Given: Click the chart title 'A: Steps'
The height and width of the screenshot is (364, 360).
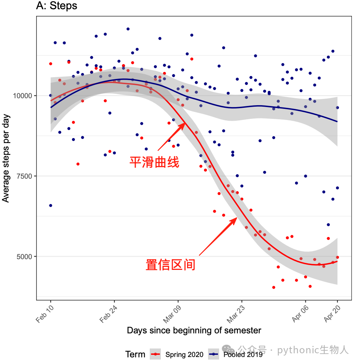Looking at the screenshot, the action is click(56, 6).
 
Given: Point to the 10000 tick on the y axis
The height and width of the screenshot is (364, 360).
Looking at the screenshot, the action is click(22, 96).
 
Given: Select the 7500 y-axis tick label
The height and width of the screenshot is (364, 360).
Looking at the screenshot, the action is click(24, 176).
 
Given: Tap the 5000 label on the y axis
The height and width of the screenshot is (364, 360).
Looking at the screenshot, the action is click(24, 257).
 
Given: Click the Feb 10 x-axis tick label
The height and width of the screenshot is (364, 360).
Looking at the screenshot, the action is click(45, 314).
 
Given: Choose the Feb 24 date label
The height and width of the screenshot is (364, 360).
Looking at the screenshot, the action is click(108, 314).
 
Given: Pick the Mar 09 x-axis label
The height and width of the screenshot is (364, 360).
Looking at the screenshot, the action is click(172, 314).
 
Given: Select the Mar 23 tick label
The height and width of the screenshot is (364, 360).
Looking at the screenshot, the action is click(235, 314).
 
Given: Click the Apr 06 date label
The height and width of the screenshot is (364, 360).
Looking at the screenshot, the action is click(300, 314).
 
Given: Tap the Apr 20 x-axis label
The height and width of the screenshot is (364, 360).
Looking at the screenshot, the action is click(332, 314).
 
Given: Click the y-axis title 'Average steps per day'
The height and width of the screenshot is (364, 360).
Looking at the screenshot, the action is click(6, 158).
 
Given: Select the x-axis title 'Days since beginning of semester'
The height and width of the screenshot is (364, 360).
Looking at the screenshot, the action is click(194, 330).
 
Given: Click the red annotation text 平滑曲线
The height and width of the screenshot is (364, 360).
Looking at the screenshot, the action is click(154, 162).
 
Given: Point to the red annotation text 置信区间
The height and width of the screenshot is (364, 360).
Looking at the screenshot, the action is click(170, 265).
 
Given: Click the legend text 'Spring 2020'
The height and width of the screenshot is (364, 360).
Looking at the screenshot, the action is click(184, 354).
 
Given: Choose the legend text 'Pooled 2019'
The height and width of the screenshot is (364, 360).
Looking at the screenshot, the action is click(243, 354).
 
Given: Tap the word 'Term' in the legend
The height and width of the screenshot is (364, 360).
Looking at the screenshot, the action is click(135, 354).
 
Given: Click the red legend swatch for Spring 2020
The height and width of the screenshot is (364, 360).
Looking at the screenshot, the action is click(155, 354).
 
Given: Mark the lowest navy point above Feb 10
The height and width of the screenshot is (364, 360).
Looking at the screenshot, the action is click(51, 206).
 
